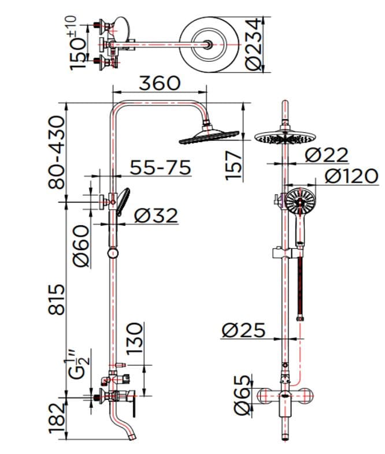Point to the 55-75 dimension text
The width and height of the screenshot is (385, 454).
[x=160, y=168]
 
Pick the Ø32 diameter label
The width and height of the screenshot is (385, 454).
[x=156, y=215]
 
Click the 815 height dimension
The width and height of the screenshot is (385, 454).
[x=57, y=299]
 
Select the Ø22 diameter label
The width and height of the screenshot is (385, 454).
[x=327, y=155]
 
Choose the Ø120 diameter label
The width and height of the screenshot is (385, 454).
[x=350, y=176]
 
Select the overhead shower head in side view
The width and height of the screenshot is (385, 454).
[x=209, y=135]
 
